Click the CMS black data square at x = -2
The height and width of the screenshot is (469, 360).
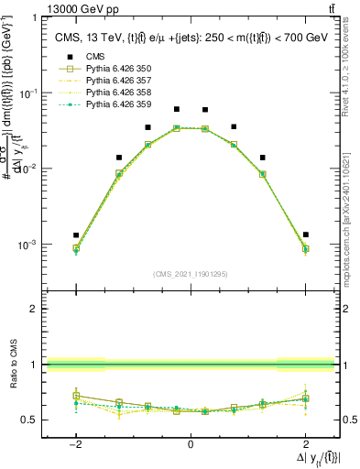(76, 235)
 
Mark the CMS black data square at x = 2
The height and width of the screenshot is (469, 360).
(305, 234)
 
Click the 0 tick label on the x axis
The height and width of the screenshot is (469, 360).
(191, 444)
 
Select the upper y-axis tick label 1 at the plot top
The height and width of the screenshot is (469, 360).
(34, 18)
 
